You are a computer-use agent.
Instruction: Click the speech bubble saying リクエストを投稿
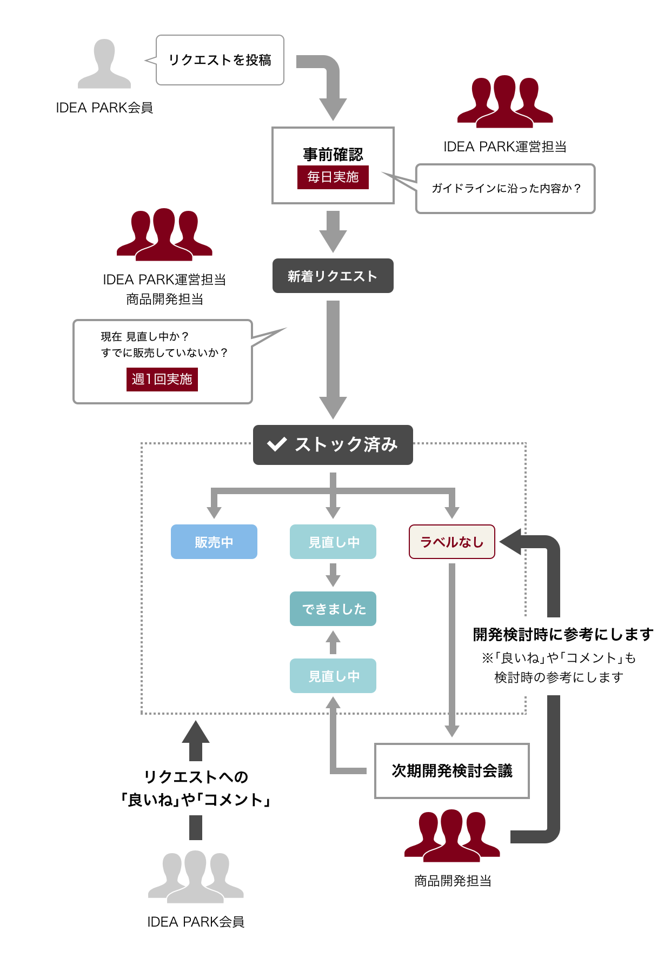[x=220, y=60]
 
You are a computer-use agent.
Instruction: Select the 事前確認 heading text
[x=333, y=155]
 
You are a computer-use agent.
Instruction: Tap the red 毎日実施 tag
[x=333, y=177]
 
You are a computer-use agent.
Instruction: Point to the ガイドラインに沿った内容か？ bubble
[x=505, y=189]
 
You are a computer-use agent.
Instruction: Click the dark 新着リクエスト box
[x=333, y=276]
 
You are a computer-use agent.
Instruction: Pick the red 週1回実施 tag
[x=162, y=379]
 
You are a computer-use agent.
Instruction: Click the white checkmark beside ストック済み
[x=277, y=444]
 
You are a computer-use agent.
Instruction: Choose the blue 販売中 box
[x=214, y=542]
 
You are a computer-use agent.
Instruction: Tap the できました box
[x=333, y=609]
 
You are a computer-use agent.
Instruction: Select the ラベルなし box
[x=451, y=542]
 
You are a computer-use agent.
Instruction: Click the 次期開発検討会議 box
[x=451, y=771]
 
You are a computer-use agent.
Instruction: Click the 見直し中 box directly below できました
[x=333, y=676]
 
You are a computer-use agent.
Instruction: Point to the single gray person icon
[x=104, y=64]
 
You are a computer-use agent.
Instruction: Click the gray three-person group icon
[x=196, y=876]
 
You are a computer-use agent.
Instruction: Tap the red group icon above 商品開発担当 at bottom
[x=452, y=835]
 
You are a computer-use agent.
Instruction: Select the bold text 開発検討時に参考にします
[x=562, y=634]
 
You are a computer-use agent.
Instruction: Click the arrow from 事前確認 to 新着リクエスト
[x=333, y=231]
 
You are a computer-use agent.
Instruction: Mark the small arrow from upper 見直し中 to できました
[x=333, y=575]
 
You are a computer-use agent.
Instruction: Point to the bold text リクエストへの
[x=196, y=777]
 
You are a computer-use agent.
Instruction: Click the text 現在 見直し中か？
[x=144, y=337]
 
